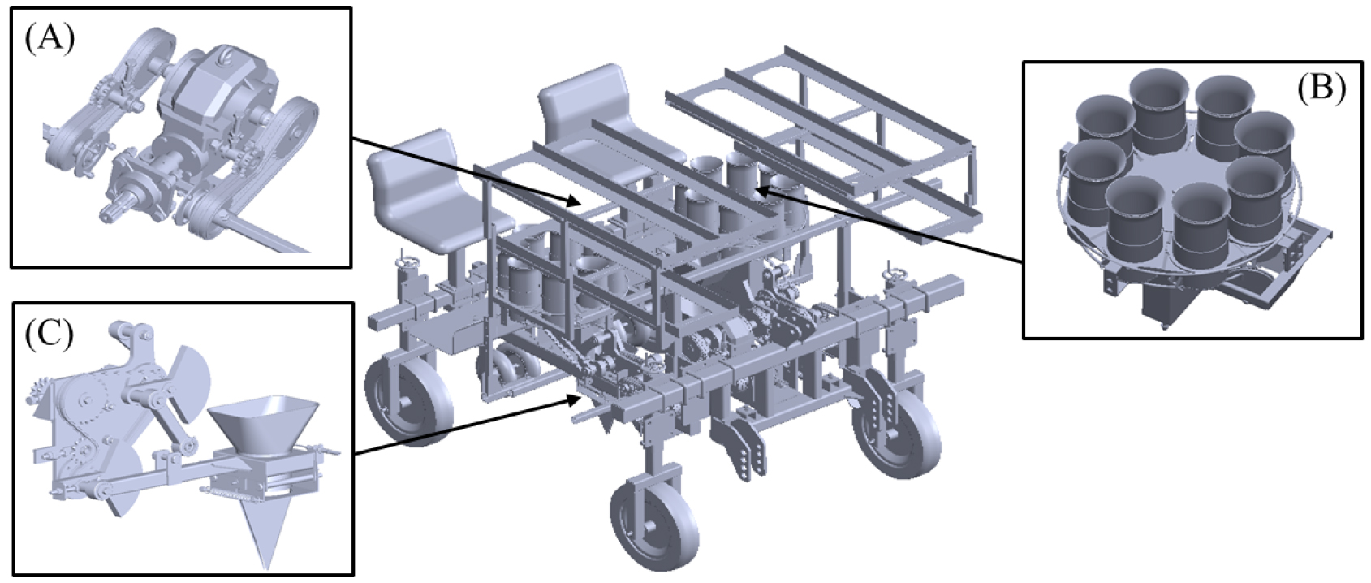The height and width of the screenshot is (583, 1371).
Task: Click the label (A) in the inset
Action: tap(50, 41)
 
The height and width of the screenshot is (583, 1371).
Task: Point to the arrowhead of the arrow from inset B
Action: tap(764, 191)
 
